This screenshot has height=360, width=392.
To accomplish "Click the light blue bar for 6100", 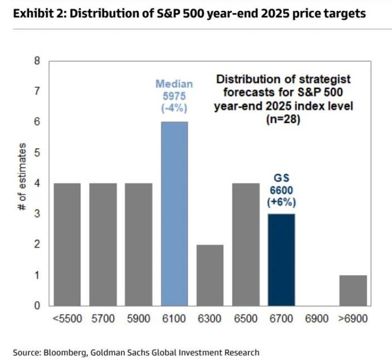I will click(174, 214).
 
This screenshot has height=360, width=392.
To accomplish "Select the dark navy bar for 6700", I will click(281, 259).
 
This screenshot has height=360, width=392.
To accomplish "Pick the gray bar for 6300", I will click(210, 275).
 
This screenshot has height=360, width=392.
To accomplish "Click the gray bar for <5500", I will click(67, 244).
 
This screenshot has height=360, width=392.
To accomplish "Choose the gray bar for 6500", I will click(246, 244).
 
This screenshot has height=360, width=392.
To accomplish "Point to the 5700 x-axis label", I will click(103, 318).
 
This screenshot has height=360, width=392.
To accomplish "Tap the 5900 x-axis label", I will click(139, 318).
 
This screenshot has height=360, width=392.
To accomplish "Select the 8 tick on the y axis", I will click(37, 61).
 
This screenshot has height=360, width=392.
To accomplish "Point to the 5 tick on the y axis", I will click(37, 153).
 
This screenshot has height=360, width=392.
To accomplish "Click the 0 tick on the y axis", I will click(37, 305).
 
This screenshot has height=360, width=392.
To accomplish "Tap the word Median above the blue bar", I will click(174, 84).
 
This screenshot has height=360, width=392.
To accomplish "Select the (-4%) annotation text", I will click(174, 108).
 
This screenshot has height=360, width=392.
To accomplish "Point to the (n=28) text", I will click(283, 119).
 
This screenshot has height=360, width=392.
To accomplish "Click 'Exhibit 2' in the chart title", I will click(37, 14).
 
